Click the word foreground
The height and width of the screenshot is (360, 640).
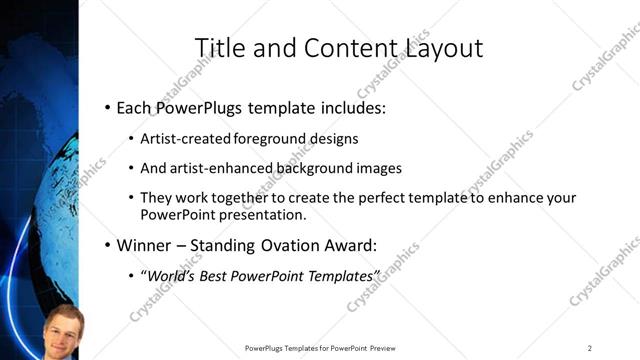click(272, 138)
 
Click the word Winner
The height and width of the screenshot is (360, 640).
click(146, 245)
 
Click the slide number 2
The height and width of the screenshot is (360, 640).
click(590, 348)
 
